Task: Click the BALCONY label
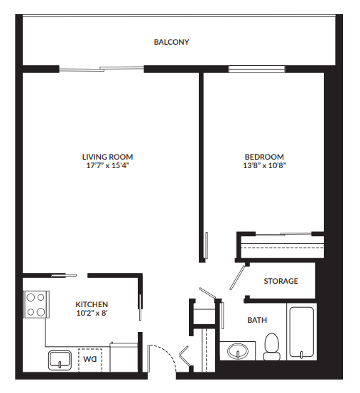[x=171, y=42]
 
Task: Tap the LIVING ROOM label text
[x=107, y=157]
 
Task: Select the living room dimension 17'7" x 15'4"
[x=107, y=165]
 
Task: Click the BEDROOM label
[x=264, y=157]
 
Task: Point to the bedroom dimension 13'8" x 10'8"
[x=264, y=165]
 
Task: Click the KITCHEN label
[x=92, y=304]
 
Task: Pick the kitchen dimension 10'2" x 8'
[x=92, y=313]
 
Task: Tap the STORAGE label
[x=280, y=281]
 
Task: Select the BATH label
[x=257, y=320]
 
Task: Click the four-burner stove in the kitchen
[x=36, y=304]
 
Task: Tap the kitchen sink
[x=60, y=359]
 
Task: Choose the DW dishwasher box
[x=89, y=358]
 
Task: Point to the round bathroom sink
[x=237, y=350]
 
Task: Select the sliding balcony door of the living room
[x=101, y=69]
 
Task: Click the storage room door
[x=239, y=277]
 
